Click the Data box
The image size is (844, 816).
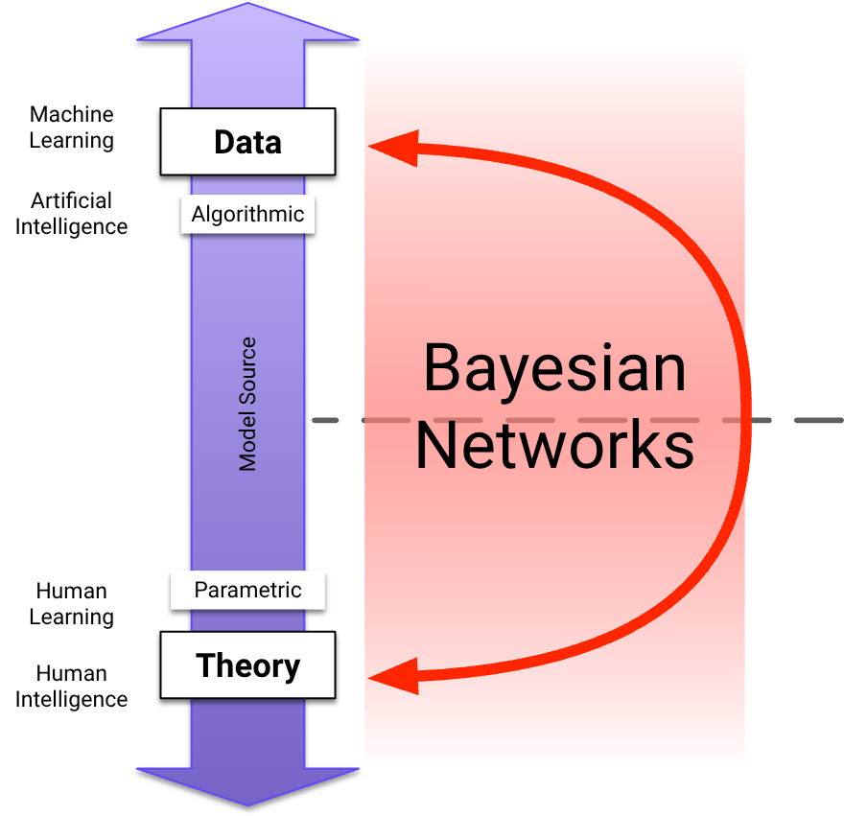click(x=247, y=142)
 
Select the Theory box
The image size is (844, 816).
click(x=247, y=664)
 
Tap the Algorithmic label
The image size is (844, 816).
click(x=247, y=214)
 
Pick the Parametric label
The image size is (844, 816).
click(x=247, y=590)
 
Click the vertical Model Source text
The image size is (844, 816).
click(x=248, y=404)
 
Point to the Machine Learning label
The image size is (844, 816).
click(x=72, y=128)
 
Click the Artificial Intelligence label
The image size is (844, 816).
click(x=72, y=214)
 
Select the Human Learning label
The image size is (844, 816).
click(x=72, y=604)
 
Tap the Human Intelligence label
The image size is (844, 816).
click(x=72, y=687)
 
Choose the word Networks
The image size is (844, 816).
click(x=554, y=446)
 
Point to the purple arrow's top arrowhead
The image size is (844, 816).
click(x=247, y=24)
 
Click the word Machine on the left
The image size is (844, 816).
click(x=72, y=115)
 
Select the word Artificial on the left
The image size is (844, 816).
click(x=72, y=201)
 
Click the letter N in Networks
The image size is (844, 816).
click(x=436, y=446)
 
